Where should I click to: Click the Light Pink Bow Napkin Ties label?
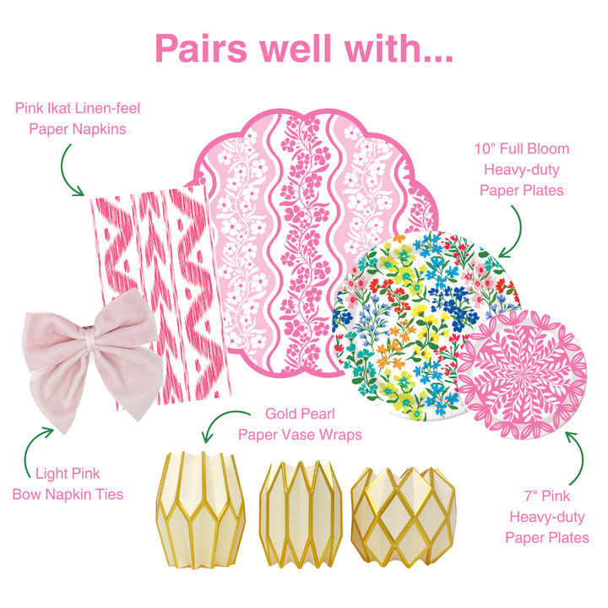(68, 484)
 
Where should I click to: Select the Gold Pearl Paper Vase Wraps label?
(300, 424)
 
